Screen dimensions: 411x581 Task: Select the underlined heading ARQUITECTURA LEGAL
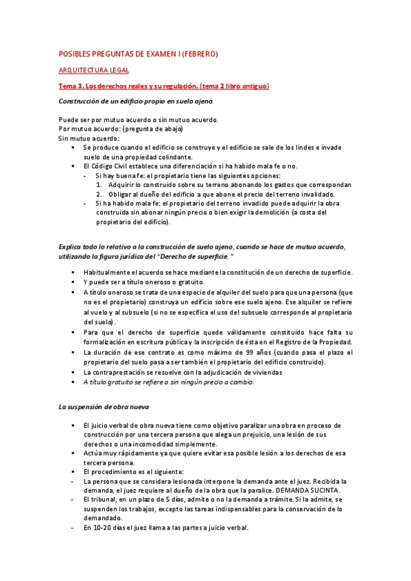pos(93,70)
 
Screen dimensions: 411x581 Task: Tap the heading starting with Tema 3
pos(163,86)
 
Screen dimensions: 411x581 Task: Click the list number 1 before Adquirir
pos(98,184)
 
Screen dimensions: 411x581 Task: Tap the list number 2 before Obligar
pos(98,194)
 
